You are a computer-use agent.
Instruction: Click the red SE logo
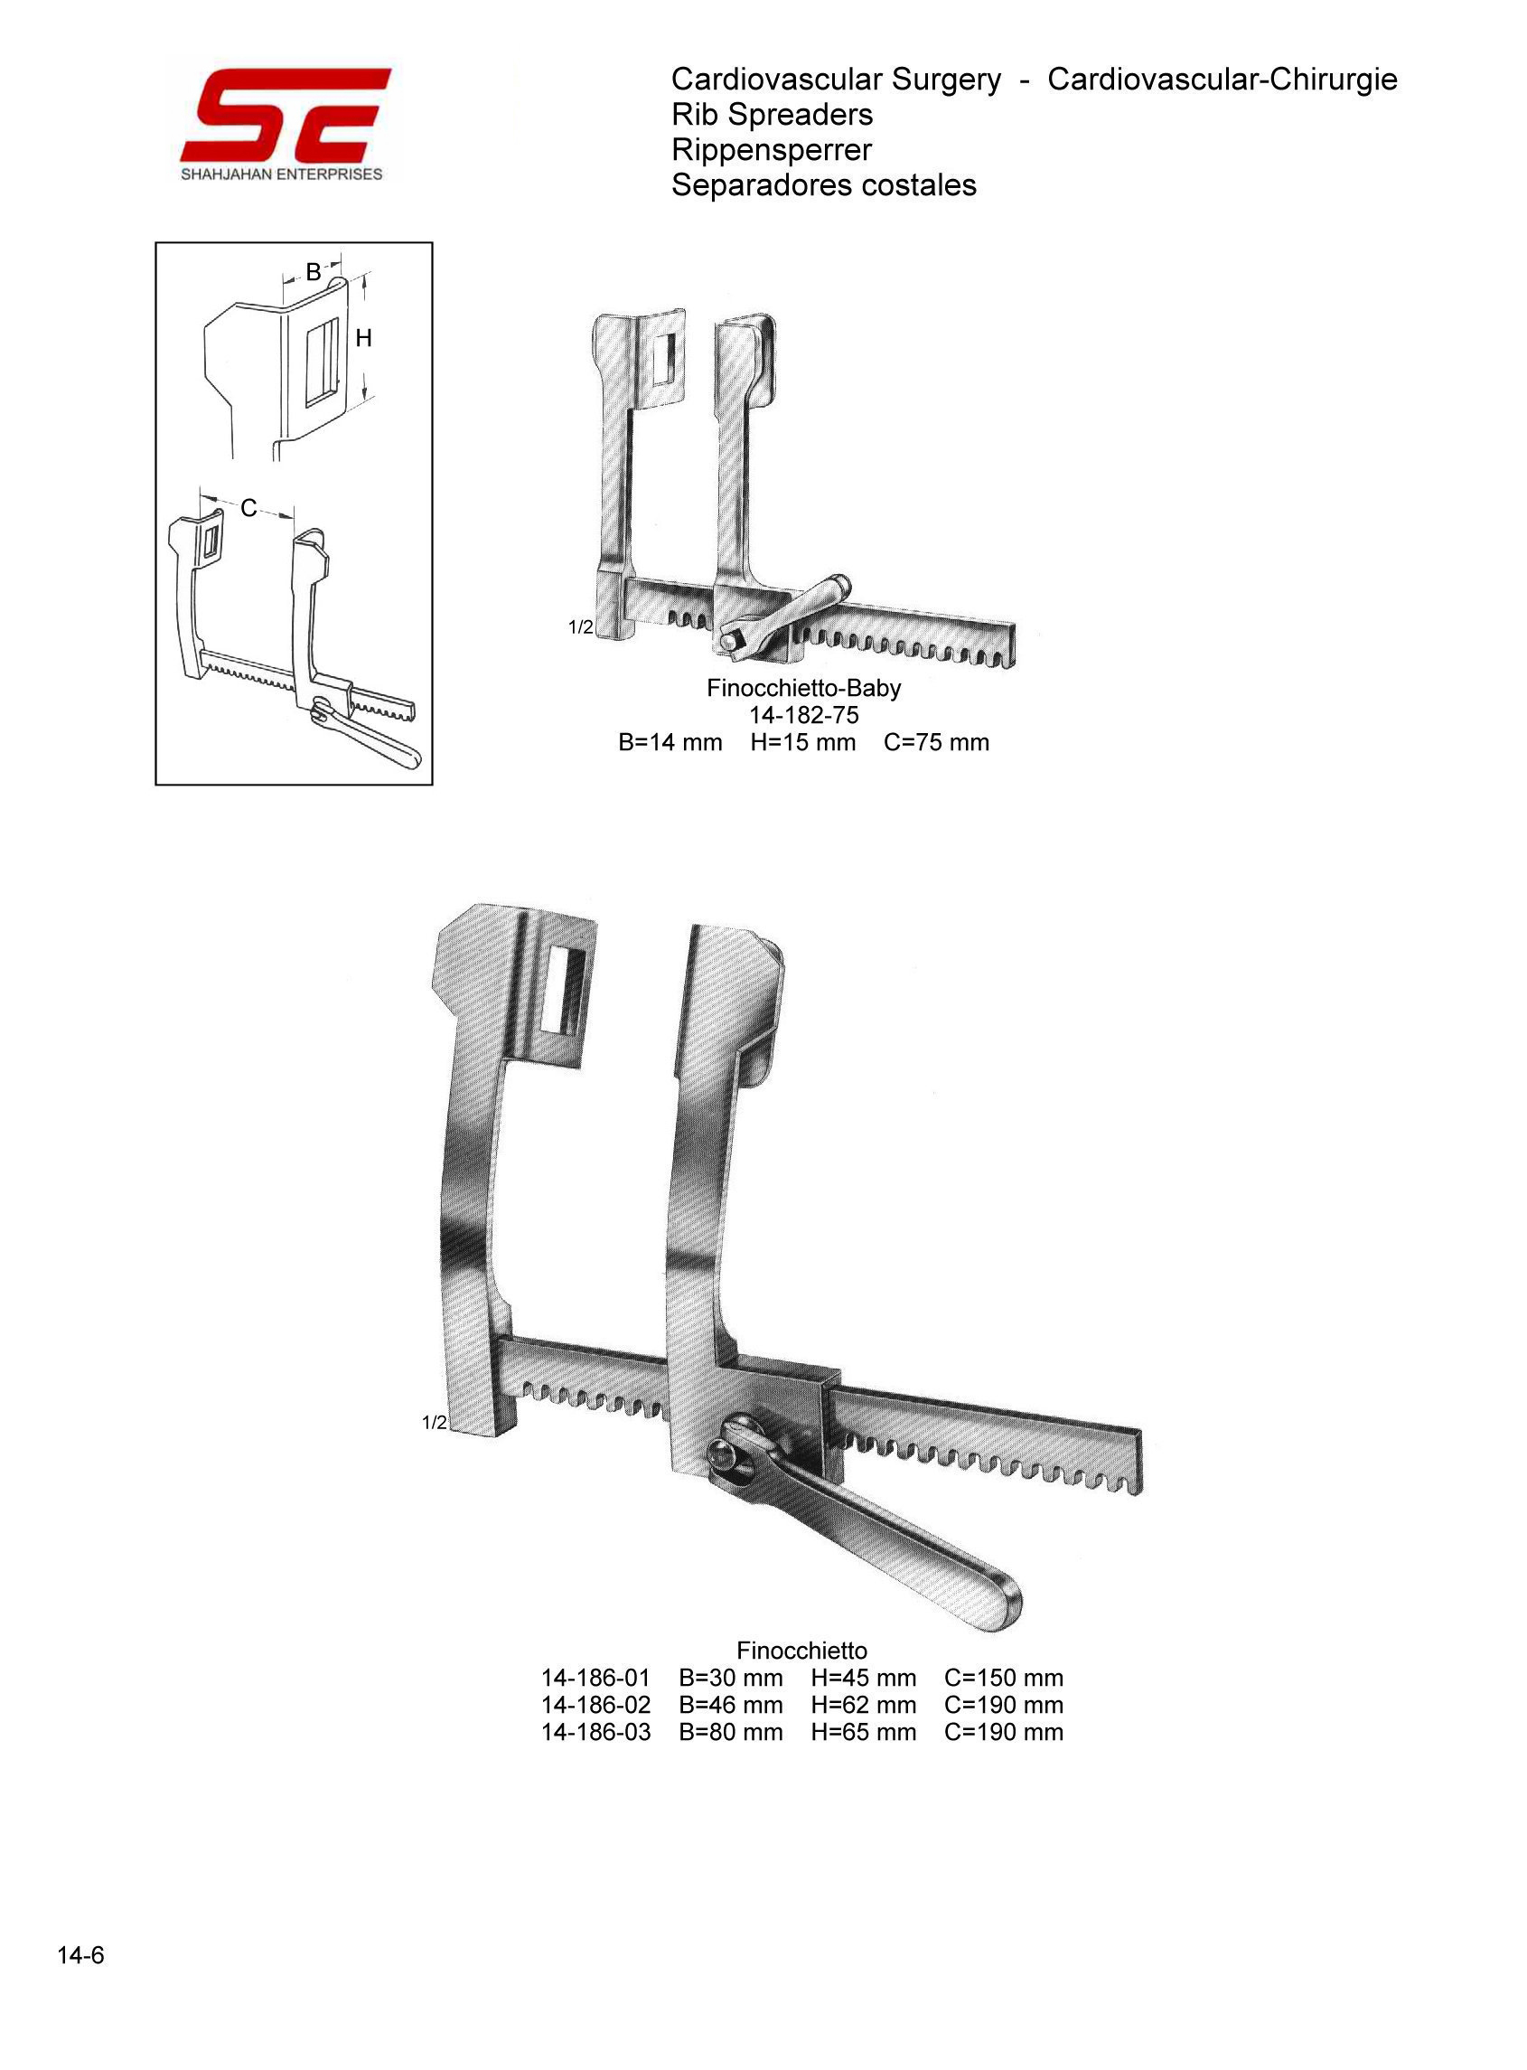[286, 116]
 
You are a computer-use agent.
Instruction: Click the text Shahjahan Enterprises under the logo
[282, 174]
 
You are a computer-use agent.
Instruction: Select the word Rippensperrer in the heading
[771, 150]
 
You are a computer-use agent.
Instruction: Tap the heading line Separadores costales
[823, 185]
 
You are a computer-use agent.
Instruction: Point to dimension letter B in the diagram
[314, 273]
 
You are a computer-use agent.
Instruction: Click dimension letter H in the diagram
[363, 339]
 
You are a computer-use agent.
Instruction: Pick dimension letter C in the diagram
[248, 509]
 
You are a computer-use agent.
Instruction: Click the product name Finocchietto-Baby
[803, 689]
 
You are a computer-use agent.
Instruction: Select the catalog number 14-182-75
[803, 716]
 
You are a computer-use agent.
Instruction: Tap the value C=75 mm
[936, 742]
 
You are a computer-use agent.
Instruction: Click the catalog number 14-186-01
[596, 1678]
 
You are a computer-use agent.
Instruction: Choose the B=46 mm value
[730, 1705]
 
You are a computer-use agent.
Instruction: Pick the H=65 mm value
[863, 1732]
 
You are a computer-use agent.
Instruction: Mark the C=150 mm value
[1004, 1678]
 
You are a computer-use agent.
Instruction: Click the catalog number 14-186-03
[596, 1732]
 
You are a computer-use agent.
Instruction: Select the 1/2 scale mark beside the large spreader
[435, 1423]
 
